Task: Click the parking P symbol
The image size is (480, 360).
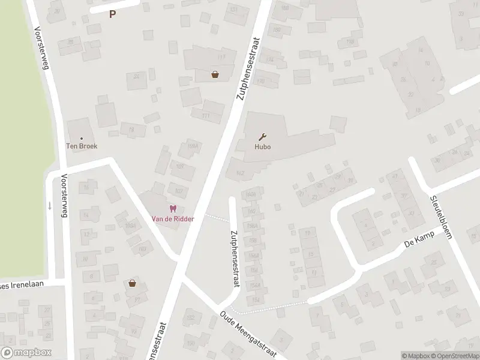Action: coord(112,14)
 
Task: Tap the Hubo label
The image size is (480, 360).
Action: coord(262,146)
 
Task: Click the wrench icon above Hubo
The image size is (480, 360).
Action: coord(262,136)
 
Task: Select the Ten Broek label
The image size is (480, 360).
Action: coord(82,146)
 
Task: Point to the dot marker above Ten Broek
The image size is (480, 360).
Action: coord(82,137)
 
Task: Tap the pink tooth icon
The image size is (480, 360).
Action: coord(173,209)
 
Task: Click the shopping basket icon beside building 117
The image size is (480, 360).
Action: coord(215,75)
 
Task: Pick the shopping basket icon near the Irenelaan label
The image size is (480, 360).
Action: coord(132,283)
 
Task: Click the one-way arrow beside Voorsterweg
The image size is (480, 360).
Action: coord(50,205)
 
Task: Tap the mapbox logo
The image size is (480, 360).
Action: coord(26,353)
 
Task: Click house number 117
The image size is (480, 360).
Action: coord(221,57)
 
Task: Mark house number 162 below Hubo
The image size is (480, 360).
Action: coord(241,172)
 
